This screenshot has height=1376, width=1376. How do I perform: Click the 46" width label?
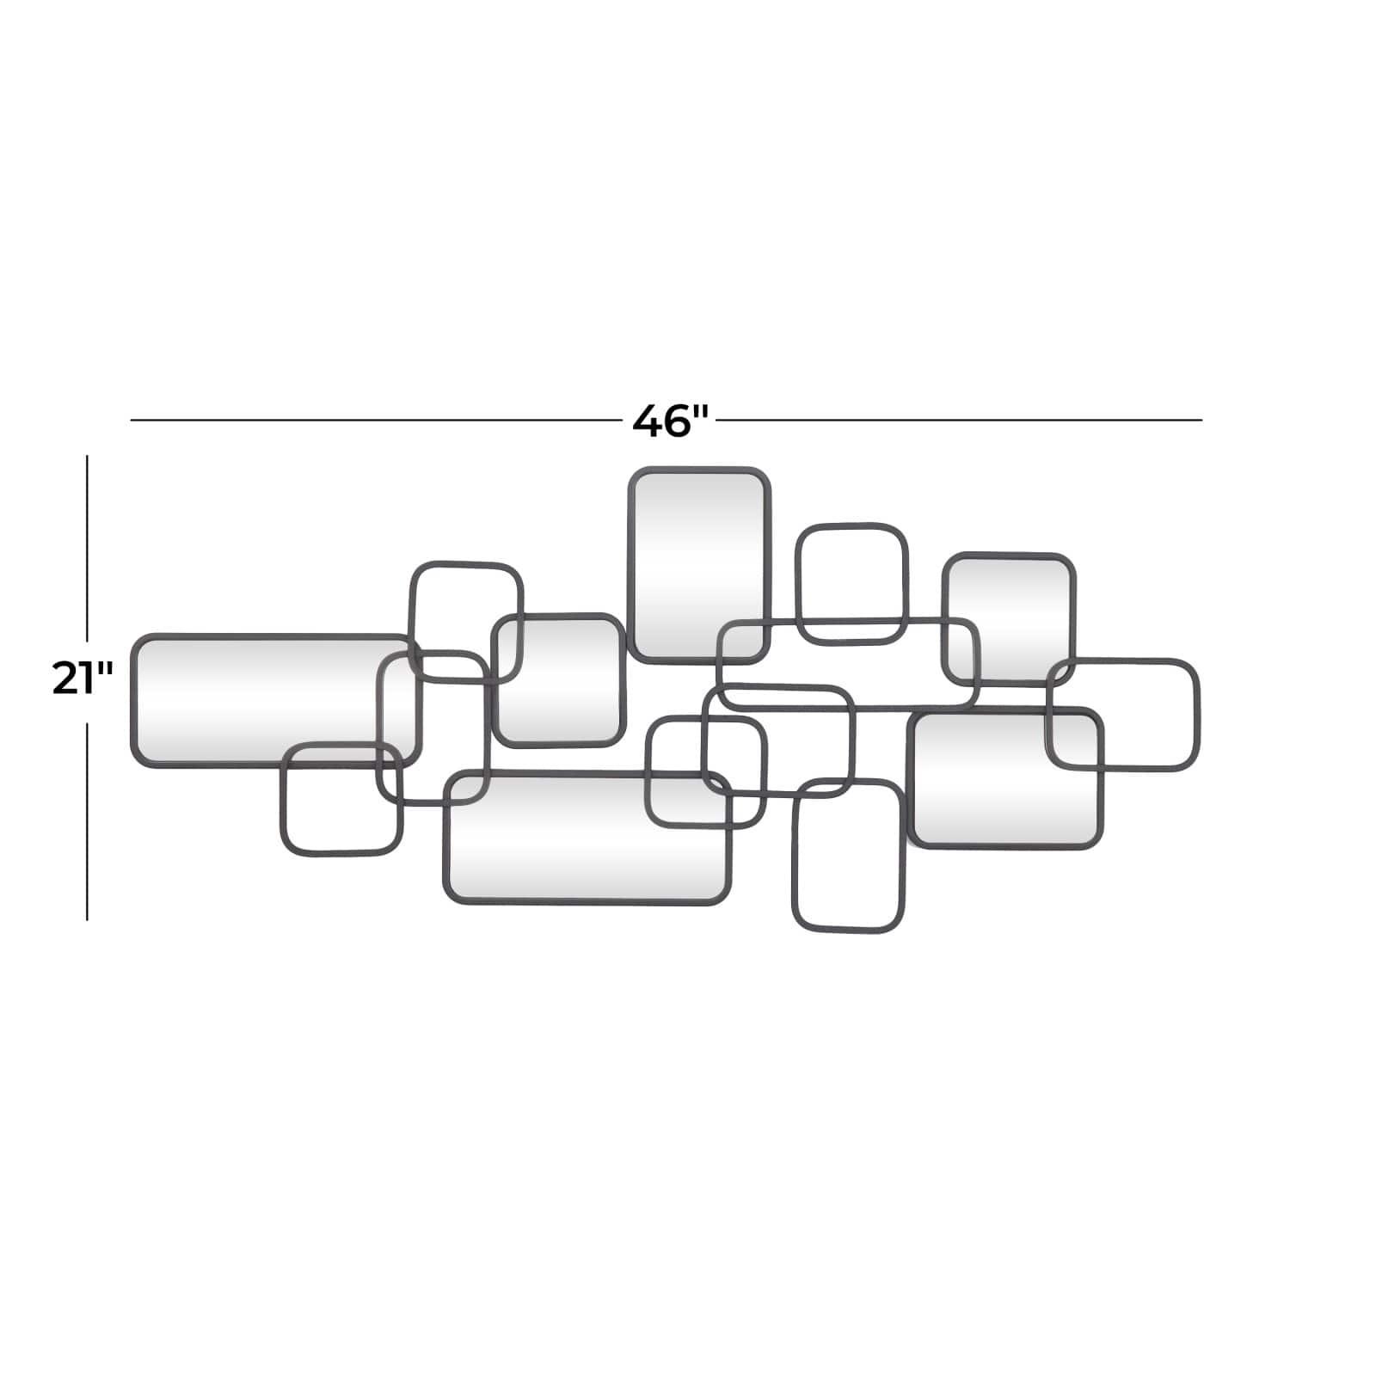(x=670, y=421)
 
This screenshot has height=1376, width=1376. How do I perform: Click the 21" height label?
(x=83, y=678)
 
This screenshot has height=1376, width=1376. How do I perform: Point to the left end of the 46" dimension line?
(x=131, y=421)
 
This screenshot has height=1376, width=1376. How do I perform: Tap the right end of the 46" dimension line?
(x=1202, y=421)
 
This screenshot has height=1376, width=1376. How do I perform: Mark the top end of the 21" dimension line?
(x=87, y=456)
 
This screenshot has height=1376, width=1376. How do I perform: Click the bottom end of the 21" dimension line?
(x=87, y=920)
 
